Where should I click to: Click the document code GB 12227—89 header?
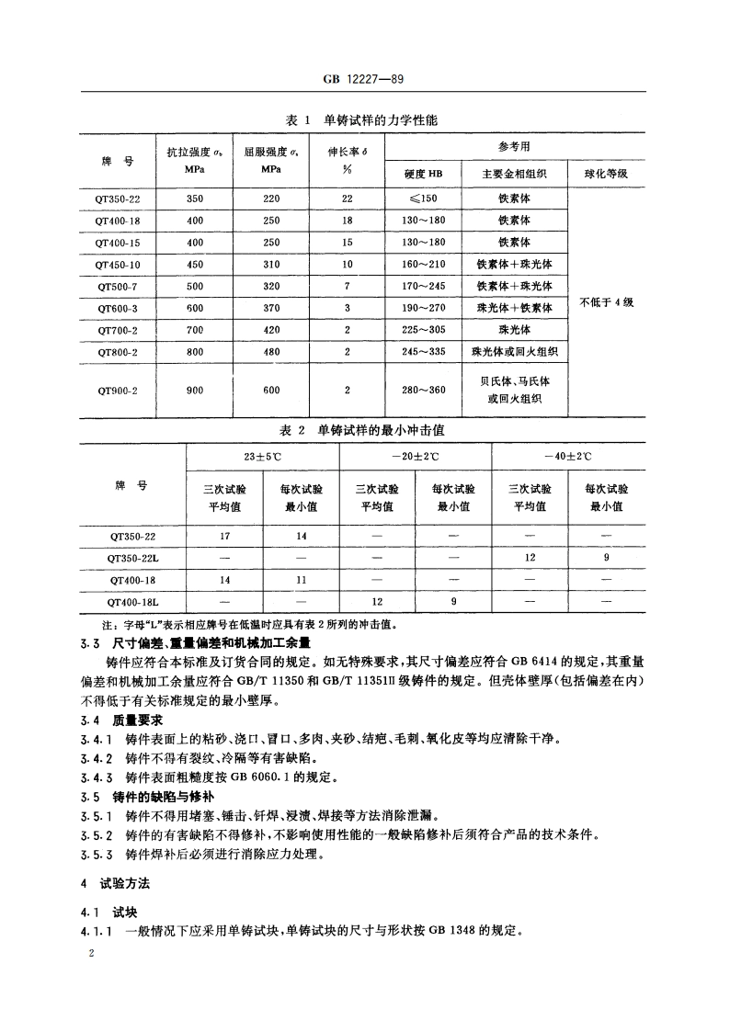[x=364, y=80]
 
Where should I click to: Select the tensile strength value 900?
[x=195, y=390]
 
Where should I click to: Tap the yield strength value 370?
[x=271, y=308]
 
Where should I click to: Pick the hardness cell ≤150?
[x=423, y=198]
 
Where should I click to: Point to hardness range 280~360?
[x=423, y=390]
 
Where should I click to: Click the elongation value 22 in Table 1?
[x=348, y=198]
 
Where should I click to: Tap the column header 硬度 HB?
[x=423, y=174]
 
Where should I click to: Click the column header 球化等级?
[x=606, y=174]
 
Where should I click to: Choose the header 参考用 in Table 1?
[x=514, y=146]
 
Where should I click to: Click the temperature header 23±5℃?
[x=262, y=456]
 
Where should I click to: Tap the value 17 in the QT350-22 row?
[x=225, y=536]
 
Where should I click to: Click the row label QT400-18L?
[x=133, y=602]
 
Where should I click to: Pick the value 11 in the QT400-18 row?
[x=301, y=580]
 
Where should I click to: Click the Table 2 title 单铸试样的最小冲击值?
[x=381, y=430]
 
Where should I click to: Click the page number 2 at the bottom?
[x=89, y=954]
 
